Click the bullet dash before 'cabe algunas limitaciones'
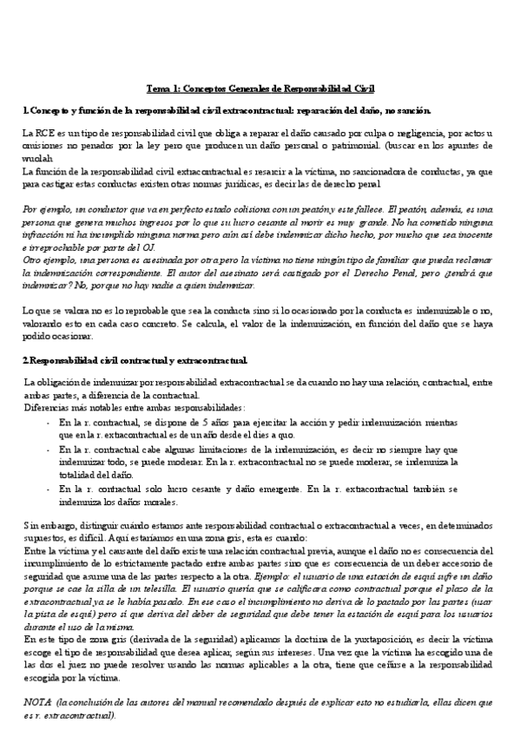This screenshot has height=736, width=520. coord(48,450)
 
